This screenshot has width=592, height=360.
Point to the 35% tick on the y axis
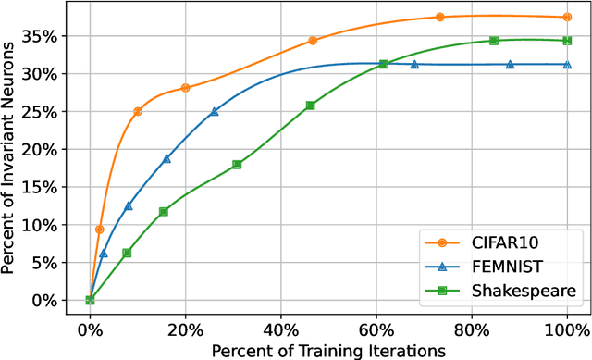pyautogui.click(x=46, y=36)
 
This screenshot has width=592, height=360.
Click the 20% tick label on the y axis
pyautogui.click(x=46, y=149)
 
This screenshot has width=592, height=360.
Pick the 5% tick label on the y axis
pyautogui.click(x=50, y=262)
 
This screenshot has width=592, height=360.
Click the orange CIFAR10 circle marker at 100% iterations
pyautogui.click(x=567, y=17)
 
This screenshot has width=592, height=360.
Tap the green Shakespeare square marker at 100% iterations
pyautogui.click(x=567, y=41)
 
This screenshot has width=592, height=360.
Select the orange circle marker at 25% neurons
pyautogui.click(x=138, y=111)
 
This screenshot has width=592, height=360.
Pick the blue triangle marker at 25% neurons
pyautogui.click(x=215, y=111)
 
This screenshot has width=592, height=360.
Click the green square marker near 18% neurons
pyautogui.click(x=237, y=165)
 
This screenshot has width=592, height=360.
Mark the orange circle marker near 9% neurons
pyautogui.click(x=99, y=230)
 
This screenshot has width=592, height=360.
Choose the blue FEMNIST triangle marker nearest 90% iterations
pyautogui.click(x=510, y=65)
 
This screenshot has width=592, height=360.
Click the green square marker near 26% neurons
pyautogui.click(x=310, y=106)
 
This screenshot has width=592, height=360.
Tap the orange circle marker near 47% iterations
pyautogui.click(x=313, y=41)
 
